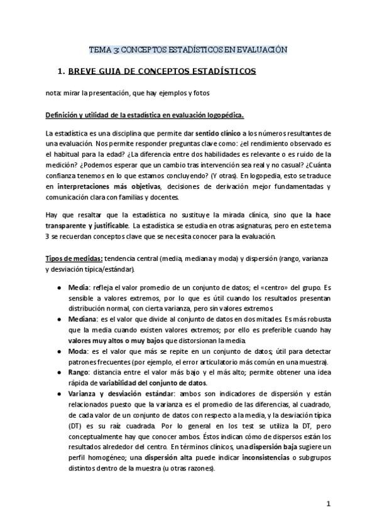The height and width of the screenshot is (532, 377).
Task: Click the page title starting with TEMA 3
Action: click(x=188, y=49)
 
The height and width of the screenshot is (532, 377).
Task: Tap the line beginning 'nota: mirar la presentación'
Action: click(x=127, y=93)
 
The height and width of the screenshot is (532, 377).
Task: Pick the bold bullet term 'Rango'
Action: click(x=79, y=373)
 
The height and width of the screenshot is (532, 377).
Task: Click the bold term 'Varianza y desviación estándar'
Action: click(x=113, y=394)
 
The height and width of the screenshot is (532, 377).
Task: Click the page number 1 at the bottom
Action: click(x=328, y=504)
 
